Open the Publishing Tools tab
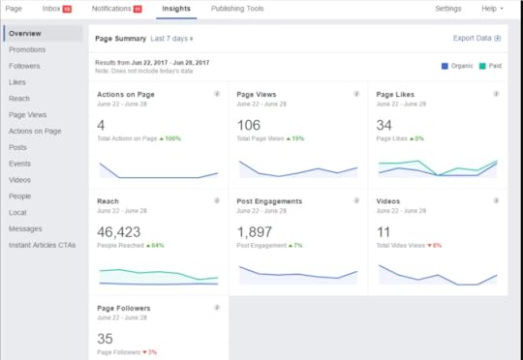pos(236,9)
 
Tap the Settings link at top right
pos(447,9)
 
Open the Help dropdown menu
pos(491,9)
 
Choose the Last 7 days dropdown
pos(171,39)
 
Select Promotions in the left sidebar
pos(28,48)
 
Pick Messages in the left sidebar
pos(25,229)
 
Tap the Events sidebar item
pos(20,164)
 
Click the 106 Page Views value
pos(249,126)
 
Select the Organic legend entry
pos(457,66)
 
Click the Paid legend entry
pos(490,66)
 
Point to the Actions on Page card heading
pos(127,95)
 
